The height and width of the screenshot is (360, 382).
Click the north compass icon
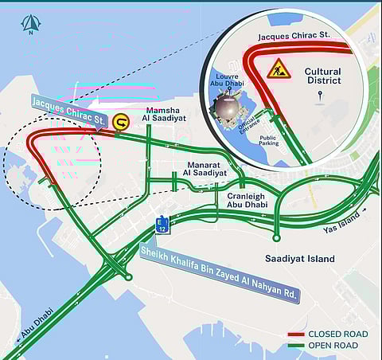click(x=30, y=25)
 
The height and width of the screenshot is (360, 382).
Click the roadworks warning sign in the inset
click(x=279, y=68)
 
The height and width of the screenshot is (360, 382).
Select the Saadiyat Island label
click(x=299, y=259)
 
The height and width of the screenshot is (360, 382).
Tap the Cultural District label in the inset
click(x=322, y=76)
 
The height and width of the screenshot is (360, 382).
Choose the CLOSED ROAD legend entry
click(x=338, y=334)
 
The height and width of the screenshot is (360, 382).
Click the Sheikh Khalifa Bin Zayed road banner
click(x=219, y=269)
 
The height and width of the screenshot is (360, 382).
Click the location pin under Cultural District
click(x=321, y=96)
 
